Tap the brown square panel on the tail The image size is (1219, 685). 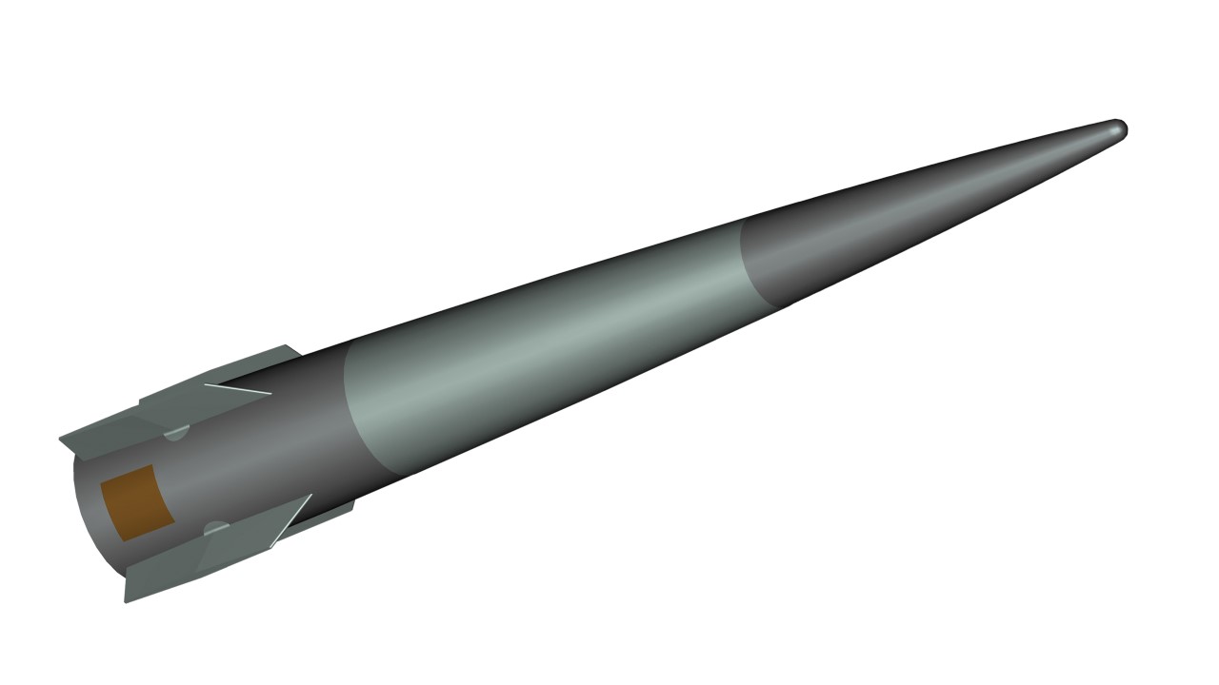(134, 503)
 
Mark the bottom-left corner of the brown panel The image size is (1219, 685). (115, 539)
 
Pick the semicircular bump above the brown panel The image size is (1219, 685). (176, 434)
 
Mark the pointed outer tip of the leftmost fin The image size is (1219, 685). (61, 440)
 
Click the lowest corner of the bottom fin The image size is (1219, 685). (127, 601)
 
